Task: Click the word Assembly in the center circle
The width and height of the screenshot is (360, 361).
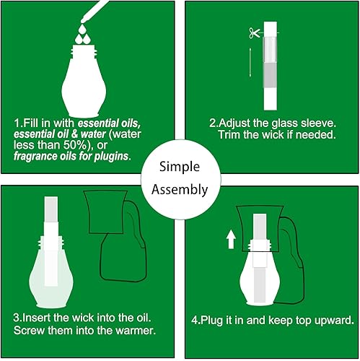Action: pos(180,191)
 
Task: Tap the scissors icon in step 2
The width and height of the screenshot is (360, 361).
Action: pos(253,32)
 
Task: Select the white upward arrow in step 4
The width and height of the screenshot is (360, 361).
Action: pos(231,238)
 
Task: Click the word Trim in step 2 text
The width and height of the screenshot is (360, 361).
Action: pos(229,136)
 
